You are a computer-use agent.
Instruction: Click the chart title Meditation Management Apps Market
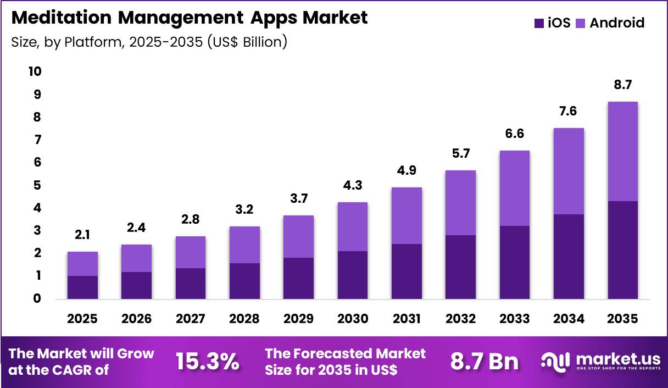189,18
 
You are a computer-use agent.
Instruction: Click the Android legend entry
610,23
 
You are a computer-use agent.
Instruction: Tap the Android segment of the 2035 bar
622,151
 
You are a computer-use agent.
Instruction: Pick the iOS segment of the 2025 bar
82,287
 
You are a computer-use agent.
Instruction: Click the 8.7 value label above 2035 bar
622,85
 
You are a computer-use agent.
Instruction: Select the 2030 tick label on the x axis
352,319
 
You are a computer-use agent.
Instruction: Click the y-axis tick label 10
34,72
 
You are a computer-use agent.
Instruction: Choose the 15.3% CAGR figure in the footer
207,362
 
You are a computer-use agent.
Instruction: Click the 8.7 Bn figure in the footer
484,362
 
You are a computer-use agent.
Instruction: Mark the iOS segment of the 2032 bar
460,267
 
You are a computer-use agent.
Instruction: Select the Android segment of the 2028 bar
244,245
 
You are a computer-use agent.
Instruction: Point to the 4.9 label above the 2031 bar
407,171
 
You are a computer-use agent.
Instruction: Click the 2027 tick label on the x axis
191,319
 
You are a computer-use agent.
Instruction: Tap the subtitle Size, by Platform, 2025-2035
149,42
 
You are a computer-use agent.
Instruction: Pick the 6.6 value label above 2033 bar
515,134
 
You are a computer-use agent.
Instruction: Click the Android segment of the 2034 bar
569,171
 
